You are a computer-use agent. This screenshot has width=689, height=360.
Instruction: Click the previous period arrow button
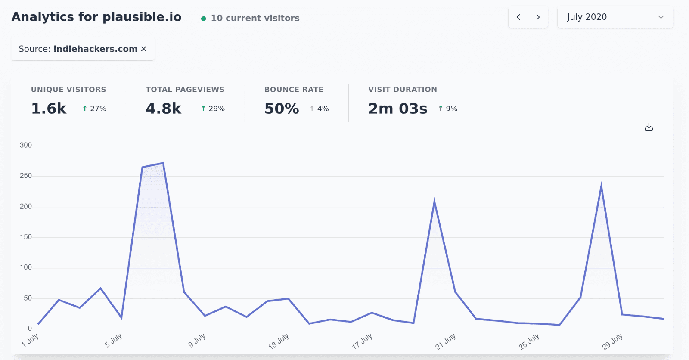click(x=518, y=17)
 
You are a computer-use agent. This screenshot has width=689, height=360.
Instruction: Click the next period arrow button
click(x=538, y=17)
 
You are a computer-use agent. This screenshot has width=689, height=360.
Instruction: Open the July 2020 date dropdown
click(x=615, y=17)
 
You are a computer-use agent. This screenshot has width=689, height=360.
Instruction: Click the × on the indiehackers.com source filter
click(x=144, y=49)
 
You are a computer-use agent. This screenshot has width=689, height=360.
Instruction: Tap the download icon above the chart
click(x=649, y=127)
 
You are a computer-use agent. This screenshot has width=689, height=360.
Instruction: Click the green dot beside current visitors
click(x=204, y=19)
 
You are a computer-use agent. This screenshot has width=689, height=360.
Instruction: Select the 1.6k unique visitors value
click(x=49, y=109)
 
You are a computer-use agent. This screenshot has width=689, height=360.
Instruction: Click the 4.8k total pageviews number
click(x=164, y=109)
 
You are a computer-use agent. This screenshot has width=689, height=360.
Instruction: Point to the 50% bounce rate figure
click(x=282, y=109)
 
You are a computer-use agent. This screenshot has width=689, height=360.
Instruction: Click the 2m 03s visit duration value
click(x=398, y=109)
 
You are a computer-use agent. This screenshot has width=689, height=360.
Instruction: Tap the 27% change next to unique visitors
click(x=95, y=109)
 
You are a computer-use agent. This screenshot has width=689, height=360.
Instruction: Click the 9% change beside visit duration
click(x=448, y=109)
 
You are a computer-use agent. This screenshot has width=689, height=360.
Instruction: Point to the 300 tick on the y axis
click(x=26, y=145)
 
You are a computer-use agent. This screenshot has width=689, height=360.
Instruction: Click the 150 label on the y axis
click(x=26, y=237)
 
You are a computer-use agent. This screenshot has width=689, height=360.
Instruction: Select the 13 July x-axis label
click(x=279, y=341)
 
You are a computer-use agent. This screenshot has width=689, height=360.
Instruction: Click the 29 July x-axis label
click(x=612, y=341)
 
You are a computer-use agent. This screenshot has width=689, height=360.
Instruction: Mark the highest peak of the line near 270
click(x=163, y=163)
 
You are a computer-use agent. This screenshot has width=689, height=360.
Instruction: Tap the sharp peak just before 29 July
click(x=601, y=186)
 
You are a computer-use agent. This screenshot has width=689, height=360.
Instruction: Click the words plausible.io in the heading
click(x=142, y=17)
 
